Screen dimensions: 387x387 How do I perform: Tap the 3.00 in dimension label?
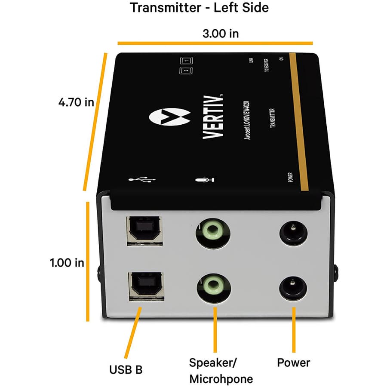click(221, 33)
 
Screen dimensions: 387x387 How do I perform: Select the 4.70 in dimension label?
click(76, 102)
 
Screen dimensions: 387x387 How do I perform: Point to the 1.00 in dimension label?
click(67, 262)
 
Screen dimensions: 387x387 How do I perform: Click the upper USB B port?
click(144, 231)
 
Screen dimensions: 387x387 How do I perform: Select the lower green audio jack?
click(213, 285)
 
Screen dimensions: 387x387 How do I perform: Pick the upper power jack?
click(293, 234)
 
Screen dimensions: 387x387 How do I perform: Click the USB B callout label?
click(126, 369)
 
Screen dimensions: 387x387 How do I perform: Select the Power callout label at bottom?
click(293, 362)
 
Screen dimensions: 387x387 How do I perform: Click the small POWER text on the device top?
click(291, 177)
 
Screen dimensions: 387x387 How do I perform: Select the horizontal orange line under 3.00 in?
click(215, 43)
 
